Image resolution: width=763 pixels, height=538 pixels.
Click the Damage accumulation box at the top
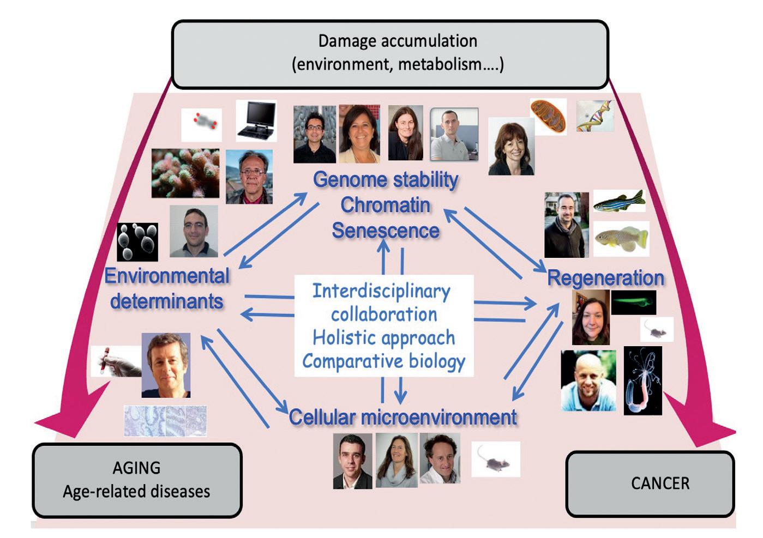[x=390, y=53]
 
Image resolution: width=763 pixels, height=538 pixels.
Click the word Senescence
[x=386, y=231]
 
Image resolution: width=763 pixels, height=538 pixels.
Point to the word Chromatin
[x=386, y=205]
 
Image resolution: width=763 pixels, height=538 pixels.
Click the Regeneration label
[x=605, y=278]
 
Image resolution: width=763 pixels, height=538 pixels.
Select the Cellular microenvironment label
[x=402, y=417]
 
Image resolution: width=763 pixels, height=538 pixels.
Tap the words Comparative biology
[x=384, y=361]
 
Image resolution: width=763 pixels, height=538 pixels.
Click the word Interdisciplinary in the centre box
[x=381, y=291]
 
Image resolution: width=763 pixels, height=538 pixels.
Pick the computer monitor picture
[x=256, y=121]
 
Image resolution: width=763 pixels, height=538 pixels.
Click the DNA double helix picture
[x=595, y=116]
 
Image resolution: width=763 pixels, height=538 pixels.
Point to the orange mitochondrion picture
[x=548, y=116]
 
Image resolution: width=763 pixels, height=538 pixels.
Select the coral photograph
[x=185, y=173]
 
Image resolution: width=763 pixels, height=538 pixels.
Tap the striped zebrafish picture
[x=619, y=201]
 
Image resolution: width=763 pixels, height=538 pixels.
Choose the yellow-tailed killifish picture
[x=621, y=238]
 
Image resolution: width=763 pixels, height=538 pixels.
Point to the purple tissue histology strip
[x=165, y=420]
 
